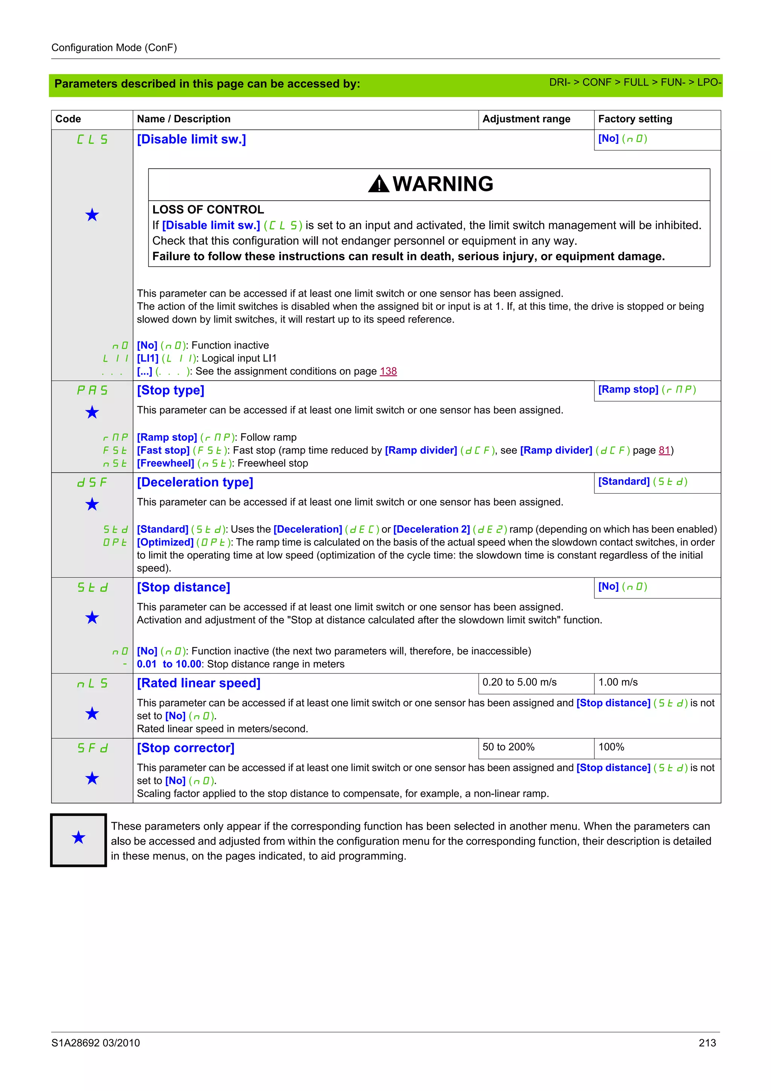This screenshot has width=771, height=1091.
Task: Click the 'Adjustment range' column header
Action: [x=526, y=119]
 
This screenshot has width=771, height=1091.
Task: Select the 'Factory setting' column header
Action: [x=635, y=119]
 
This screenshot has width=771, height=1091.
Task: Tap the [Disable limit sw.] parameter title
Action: [x=192, y=139]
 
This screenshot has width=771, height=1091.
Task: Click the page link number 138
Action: [x=388, y=371]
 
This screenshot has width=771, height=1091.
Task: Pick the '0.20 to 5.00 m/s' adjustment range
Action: [x=519, y=683]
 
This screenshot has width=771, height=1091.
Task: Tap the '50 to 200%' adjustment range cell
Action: [x=508, y=747]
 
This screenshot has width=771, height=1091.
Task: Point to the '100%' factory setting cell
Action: [x=611, y=747]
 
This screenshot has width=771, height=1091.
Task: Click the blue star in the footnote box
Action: [x=78, y=837]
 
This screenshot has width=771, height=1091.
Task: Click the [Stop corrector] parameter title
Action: [x=186, y=748]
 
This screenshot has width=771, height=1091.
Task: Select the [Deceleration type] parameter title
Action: [x=195, y=482]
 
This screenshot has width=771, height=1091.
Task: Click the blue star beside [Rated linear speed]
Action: [x=92, y=713]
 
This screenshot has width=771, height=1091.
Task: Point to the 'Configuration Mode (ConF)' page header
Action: [x=114, y=47]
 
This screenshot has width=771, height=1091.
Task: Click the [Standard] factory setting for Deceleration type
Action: [x=642, y=482]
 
